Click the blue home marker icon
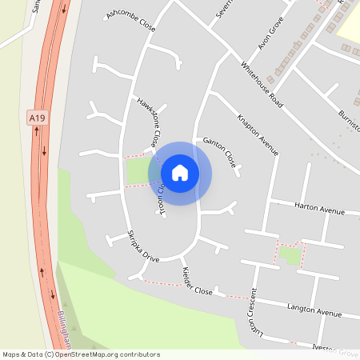pyautogui.click(x=180, y=173)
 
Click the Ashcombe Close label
pyautogui.click(x=130, y=21)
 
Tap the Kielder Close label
pyautogui.click(x=198, y=281)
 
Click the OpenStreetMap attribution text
pyautogui.click(x=81, y=354)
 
